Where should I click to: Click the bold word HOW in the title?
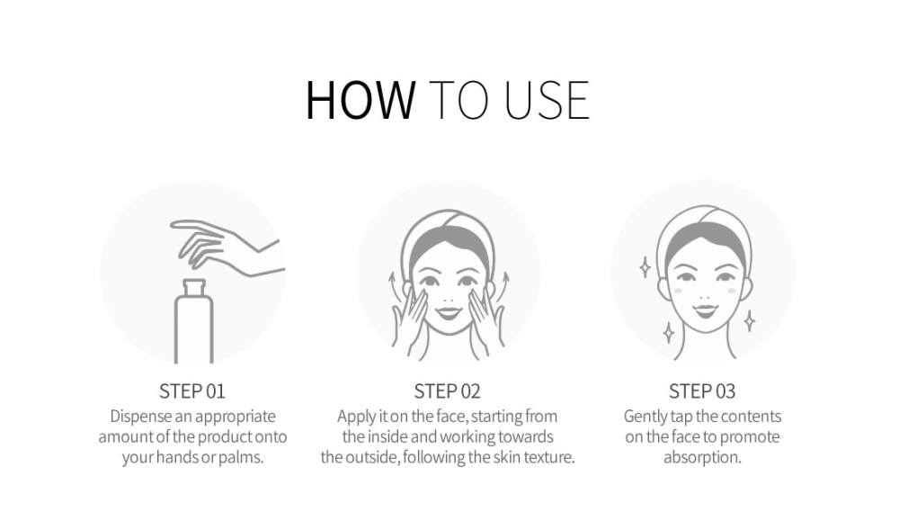[x=360, y=100]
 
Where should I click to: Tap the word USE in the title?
[x=547, y=101]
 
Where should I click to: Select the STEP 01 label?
[x=192, y=391]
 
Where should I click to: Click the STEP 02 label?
[x=447, y=391]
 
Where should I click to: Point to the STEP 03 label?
[x=702, y=391]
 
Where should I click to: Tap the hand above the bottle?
[x=227, y=247]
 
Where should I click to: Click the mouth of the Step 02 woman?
[x=449, y=313]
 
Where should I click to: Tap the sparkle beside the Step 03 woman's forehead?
[x=645, y=267]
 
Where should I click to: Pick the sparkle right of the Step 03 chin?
[x=749, y=320]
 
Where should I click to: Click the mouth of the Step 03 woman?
[x=705, y=310]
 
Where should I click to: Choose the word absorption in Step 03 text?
[x=702, y=458]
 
